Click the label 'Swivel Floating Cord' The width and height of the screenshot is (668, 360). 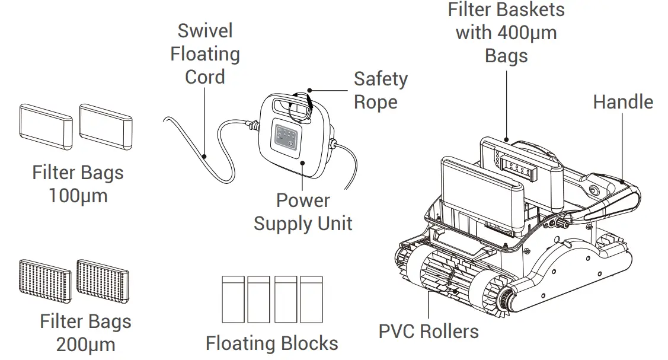pyautogui.click(x=205, y=54)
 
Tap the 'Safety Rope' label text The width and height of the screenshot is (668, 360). pyautogui.click(x=381, y=90)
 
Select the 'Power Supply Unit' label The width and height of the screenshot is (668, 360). pyautogui.click(x=303, y=212)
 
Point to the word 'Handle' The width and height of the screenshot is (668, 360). pyautogui.click(x=622, y=102)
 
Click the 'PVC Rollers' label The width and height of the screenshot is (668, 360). pyautogui.click(x=429, y=330)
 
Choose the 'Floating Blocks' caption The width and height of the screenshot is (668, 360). pyautogui.click(x=272, y=343)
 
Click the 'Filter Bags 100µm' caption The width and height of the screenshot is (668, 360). pyautogui.click(x=78, y=184)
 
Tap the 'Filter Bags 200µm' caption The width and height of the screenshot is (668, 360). pyautogui.click(x=85, y=332)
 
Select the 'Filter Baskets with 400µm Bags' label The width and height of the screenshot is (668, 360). pyautogui.click(x=506, y=33)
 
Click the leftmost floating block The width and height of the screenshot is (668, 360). pyautogui.click(x=232, y=299)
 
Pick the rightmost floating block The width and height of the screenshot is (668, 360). pyautogui.click(x=311, y=299)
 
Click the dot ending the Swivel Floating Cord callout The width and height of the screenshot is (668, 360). pyautogui.click(x=203, y=157)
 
